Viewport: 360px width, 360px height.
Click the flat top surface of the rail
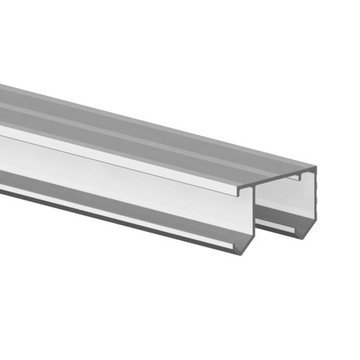click(x=150, y=130)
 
